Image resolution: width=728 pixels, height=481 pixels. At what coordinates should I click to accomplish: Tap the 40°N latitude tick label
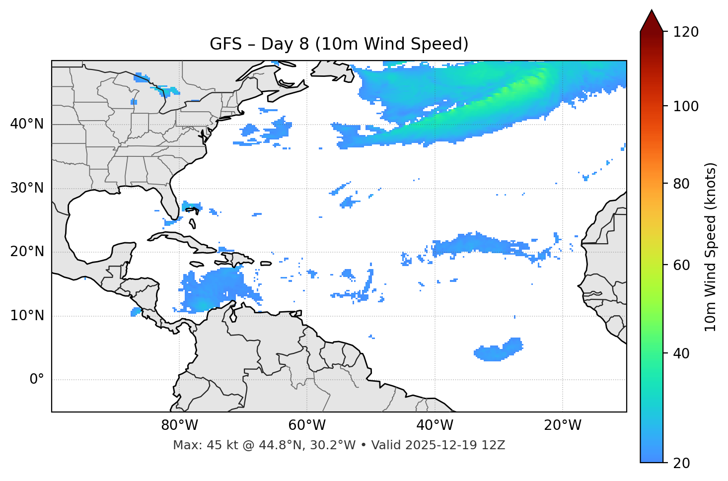click(x=27, y=124)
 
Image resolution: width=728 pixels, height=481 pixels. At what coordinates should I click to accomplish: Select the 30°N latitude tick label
click(x=27, y=188)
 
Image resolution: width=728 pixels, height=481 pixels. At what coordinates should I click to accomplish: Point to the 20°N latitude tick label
click(x=27, y=252)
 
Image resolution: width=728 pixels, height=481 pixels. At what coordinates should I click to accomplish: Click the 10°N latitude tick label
click(x=27, y=316)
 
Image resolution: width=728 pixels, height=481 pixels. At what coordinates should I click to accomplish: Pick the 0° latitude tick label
click(x=37, y=380)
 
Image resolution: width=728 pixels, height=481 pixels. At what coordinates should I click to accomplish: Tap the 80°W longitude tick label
click(x=179, y=425)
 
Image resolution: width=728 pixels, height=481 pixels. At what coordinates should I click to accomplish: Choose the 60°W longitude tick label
click(x=307, y=425)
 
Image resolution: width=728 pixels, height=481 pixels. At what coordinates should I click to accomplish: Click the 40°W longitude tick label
click(x=435, y=425)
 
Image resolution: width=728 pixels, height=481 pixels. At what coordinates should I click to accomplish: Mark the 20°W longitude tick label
click(x=562, y=425)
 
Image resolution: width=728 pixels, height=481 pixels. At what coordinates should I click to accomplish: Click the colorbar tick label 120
click(x=685, y=32)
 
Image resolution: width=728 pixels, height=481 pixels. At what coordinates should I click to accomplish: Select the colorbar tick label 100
click(x=685, y=106)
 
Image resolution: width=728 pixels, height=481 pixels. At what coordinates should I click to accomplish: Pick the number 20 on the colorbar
click(x=681, y=463)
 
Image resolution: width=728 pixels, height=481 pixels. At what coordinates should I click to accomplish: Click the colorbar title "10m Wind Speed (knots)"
click(x=711, y=247)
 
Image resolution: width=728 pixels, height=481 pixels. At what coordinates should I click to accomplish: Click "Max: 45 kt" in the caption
click(x=195, y=445)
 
